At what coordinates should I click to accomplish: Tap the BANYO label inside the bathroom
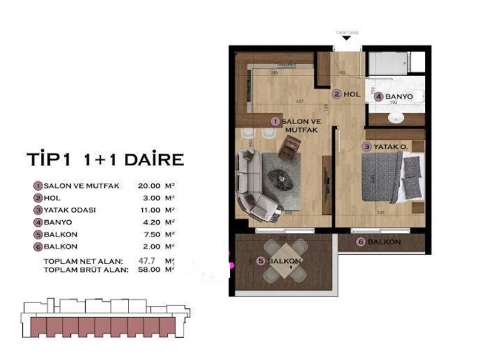(400, 96)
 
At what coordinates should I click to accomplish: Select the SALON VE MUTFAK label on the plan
(298, 124)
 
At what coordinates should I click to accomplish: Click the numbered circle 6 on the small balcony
(361, 242)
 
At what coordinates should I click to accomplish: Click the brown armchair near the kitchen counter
(290, 147)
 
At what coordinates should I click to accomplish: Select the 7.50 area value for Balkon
(150, 234)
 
